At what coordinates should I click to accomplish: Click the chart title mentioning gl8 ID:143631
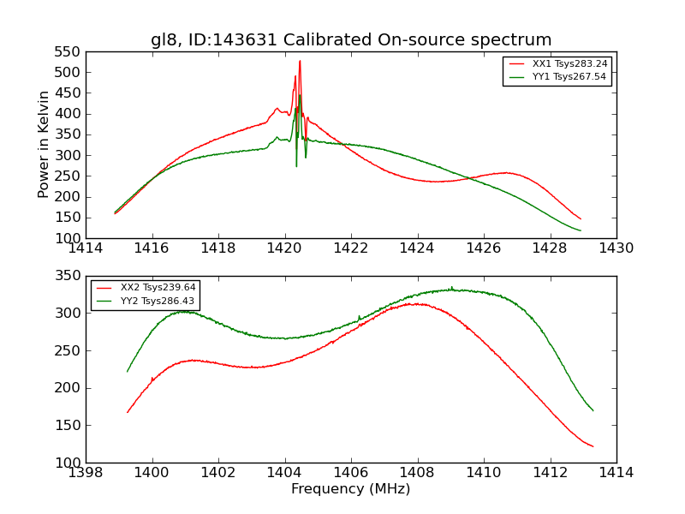[351, 40]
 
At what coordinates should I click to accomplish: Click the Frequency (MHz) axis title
[350, 489]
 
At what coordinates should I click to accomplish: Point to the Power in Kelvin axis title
[45, 145]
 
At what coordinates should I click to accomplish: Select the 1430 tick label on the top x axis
[616, 248]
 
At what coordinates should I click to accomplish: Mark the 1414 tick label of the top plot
[86, 248]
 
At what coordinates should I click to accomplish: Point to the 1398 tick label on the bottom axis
[86, 473]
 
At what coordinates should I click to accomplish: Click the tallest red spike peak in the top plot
[300, 60]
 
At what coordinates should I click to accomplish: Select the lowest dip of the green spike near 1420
[296, 165]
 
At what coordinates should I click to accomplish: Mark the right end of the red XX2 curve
[593, 446]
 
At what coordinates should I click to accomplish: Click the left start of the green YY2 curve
[128, 372]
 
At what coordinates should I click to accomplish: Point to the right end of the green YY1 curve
[581, 230]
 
